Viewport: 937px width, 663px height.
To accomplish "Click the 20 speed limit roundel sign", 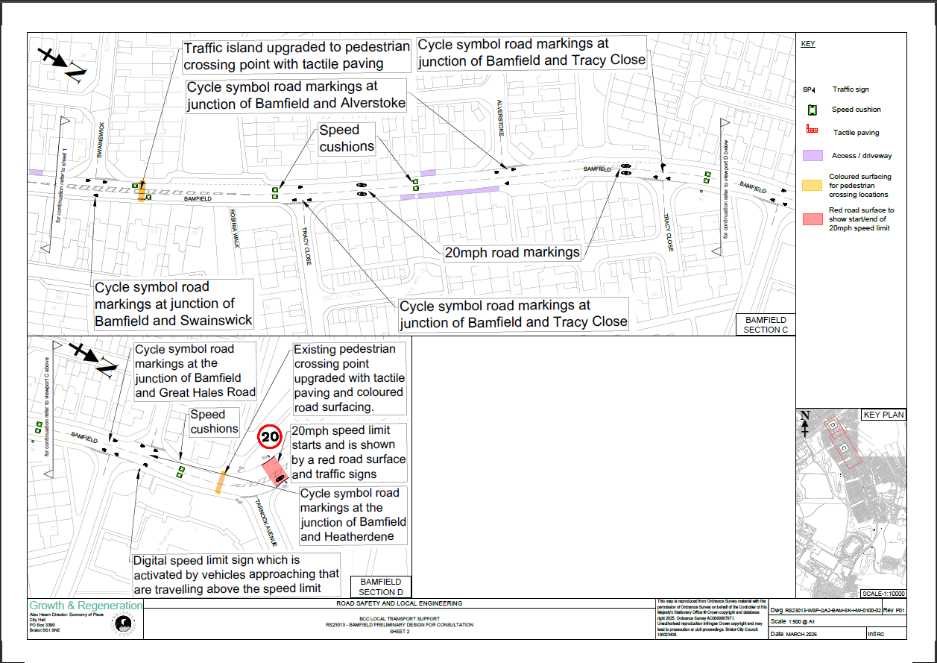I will (270, 436).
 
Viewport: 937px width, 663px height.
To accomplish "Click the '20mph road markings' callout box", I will (512, 252).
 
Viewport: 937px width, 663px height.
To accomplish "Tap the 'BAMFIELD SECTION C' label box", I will (765, 324).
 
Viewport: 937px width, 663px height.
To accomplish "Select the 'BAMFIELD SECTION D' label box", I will (381, 586).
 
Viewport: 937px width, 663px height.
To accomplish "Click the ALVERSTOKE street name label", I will (502, 119).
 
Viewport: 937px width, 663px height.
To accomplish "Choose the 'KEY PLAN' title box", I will (883, 415).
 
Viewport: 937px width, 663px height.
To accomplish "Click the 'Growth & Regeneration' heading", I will (86, 606).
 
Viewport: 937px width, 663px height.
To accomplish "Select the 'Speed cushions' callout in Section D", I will (214, 421).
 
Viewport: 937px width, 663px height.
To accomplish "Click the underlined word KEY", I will (808, 44).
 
